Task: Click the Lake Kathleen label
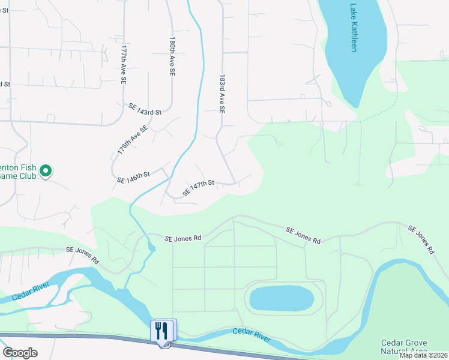coord(353,28)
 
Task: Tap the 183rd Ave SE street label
coord(221,95)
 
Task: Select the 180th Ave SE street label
coord(172,56)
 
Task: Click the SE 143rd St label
coord(145,109)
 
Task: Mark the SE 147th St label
coord(198,188)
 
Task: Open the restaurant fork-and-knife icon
coord(162,331)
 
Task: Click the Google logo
coord(20,353)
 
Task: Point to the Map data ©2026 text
coord(423,355)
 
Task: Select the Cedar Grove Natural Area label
coord(404,346)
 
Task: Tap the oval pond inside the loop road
coord(281,298)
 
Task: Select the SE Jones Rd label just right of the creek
coord(183,238)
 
